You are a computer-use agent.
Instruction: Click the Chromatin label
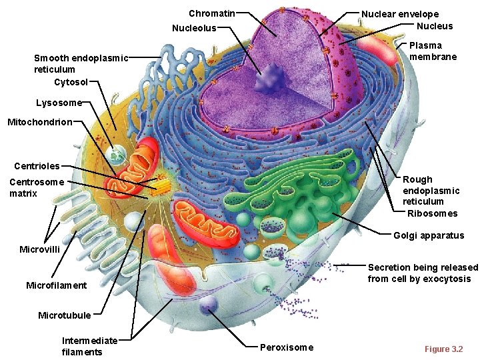(x=211, y=13)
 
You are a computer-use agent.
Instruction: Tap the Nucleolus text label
(x=194, y=28)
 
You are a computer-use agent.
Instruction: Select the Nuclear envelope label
(x=400, y=14)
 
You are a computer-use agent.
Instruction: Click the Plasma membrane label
(x=433, y=51)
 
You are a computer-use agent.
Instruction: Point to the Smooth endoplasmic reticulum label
(x=81, y=63)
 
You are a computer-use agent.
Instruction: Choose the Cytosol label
(x=71, y=82)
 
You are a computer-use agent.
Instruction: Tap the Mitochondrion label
(x=39, y=122)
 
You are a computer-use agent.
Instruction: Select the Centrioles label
(x=37, y=166)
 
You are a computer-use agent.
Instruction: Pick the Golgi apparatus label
(x=429, y=235)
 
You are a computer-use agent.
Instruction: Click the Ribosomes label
(x=432, y=213)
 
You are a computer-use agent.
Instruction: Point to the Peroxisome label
(x=286, y=347)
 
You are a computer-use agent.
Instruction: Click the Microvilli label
(x=40, y=249)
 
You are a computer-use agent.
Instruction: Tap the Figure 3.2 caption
(x=443, y=349)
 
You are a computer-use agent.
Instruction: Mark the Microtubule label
(x=64, y=315)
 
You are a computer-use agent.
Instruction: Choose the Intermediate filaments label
(x=89, y=346)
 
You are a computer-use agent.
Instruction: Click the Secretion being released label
(x=423, y=273)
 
